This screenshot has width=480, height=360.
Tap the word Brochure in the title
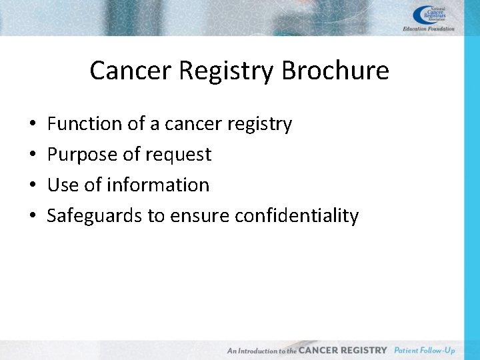335,71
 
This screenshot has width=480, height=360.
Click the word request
179,155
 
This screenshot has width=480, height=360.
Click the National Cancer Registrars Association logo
431,14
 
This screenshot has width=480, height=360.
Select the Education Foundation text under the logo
429,29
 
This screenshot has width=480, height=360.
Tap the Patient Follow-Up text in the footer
425,350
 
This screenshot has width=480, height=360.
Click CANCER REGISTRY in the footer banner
343,350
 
